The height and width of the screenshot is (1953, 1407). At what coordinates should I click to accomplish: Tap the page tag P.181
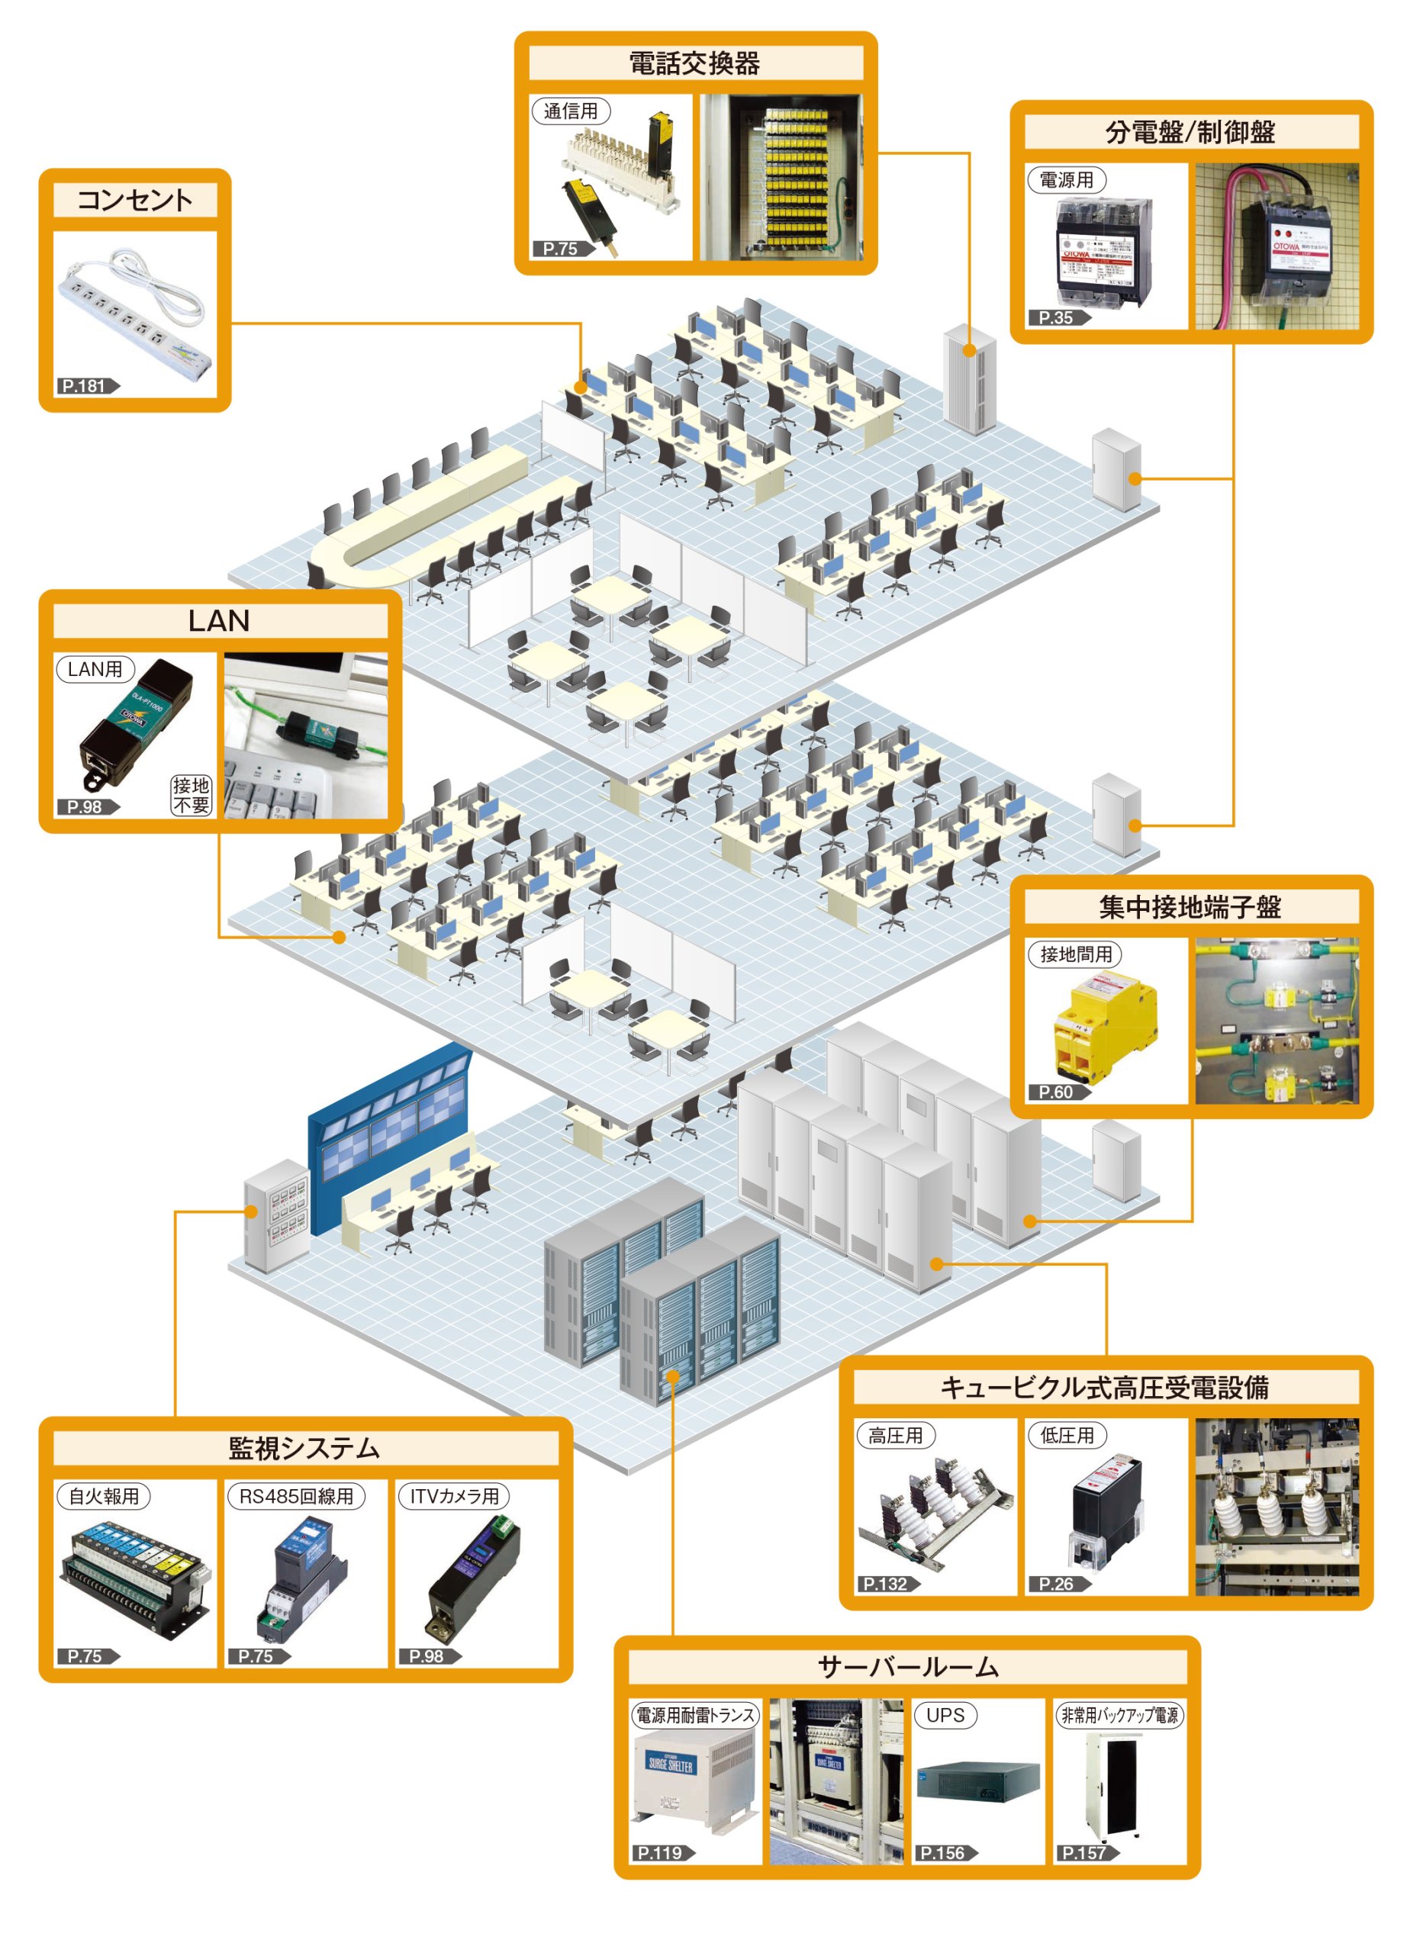point(86,386)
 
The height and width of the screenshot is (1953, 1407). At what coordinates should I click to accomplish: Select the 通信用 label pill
point(570,111)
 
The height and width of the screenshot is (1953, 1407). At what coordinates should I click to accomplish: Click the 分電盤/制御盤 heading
point(1190,133)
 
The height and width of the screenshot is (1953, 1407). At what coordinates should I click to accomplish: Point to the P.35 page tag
point(1058,318)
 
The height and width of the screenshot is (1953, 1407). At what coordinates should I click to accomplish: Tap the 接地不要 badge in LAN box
point(192,795)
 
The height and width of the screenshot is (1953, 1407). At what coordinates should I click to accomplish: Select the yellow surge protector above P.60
point(1105,1025)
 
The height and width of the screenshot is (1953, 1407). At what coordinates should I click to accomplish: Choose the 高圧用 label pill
point(895,1436)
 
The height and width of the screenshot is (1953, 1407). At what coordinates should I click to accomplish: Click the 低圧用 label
point(1066,1436)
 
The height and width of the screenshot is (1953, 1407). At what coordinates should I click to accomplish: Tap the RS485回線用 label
point(296,1497)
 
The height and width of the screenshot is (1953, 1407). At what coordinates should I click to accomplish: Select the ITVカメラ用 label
point(454,1497)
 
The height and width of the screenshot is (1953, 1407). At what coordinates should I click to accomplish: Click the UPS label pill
point(945,1715)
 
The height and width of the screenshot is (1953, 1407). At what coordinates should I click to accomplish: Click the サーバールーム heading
point(906,1668)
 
